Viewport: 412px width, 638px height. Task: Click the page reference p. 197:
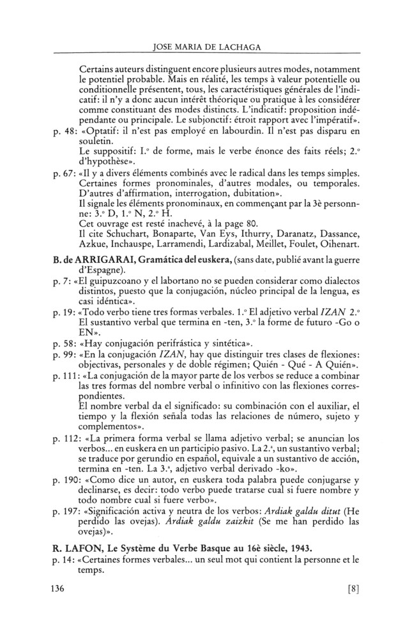68,512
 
